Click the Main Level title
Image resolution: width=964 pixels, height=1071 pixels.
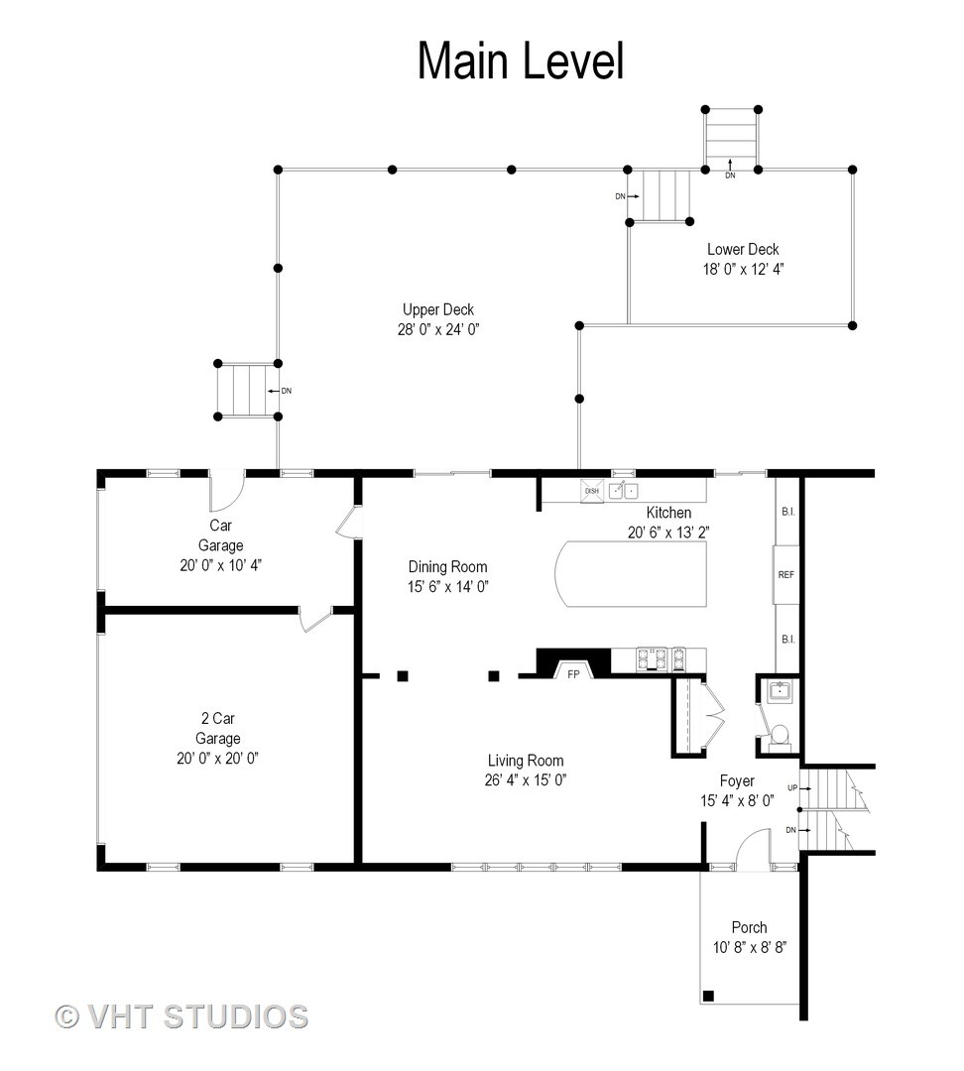click(521, 60)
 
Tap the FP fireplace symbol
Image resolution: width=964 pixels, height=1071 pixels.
click(573, 670)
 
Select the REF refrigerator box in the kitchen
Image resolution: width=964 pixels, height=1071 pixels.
click(785, 574)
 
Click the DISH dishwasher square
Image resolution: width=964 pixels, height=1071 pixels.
click(592, 491)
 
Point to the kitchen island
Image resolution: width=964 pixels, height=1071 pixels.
click(630, 574)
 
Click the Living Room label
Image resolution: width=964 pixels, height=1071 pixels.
click(526, 761)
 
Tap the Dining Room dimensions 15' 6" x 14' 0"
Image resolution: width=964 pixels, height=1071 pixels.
click(447, 586)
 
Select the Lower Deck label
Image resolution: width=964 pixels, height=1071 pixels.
click(743, 249)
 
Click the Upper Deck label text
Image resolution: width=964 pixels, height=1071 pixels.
click(438, 309)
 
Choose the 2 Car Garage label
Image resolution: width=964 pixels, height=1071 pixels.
click(218, 728)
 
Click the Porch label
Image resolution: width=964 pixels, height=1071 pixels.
click(749, 927)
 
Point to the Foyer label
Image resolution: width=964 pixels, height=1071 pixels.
click(737, 780)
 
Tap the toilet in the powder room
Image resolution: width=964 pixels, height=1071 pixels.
click(779, 738)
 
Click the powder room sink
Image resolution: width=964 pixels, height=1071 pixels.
click(779, 690)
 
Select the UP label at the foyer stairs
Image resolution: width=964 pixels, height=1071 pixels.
click(792, 787)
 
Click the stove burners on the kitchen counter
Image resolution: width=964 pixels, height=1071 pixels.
click(661, 657)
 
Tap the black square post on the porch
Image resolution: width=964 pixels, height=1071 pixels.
click(709, 996)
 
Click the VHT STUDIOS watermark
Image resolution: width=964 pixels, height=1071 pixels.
click(181, 1016)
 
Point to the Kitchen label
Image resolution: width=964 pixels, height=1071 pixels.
click(668, 513)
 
